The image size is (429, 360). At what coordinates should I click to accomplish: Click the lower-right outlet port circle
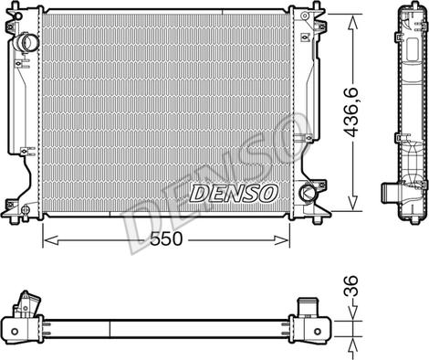[x=308, y=193]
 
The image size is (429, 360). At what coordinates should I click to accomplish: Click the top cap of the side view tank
[x=407, y=12]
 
